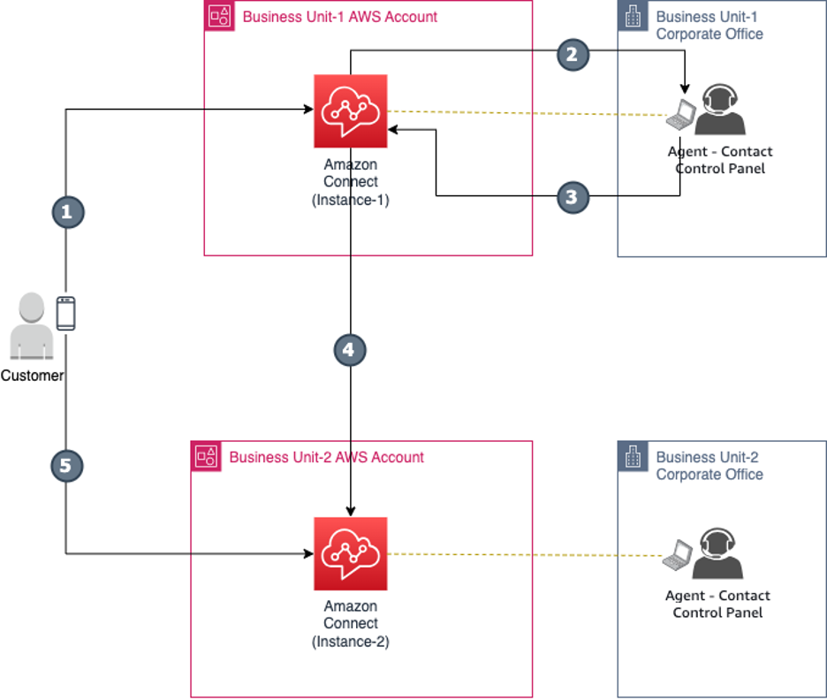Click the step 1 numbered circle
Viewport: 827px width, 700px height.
pos(67,212)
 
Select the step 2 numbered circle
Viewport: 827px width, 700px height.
pos(573,54)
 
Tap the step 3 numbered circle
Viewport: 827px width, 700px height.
pos(573,197)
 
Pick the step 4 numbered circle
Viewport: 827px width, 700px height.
pos(350,350)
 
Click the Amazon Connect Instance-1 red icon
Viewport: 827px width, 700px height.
pos(351,111)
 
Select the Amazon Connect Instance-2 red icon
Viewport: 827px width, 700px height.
pos(351,554)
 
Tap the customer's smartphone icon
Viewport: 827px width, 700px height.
pos(65,314)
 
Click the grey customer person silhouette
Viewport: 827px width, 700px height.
pos(31,326)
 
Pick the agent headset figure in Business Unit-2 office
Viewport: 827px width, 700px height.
pos(720,554)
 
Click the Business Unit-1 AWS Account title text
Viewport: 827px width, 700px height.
pos(340,17)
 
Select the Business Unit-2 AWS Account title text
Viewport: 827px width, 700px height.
pos(327,458)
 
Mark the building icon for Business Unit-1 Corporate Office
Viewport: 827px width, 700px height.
pos(632,17)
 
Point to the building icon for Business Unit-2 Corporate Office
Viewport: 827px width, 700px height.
pos(632,457)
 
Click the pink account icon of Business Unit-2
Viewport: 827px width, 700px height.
pos(206,457)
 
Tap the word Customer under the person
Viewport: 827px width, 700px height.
pos(32,376)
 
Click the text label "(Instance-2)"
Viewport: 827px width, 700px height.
pos(351,642)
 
